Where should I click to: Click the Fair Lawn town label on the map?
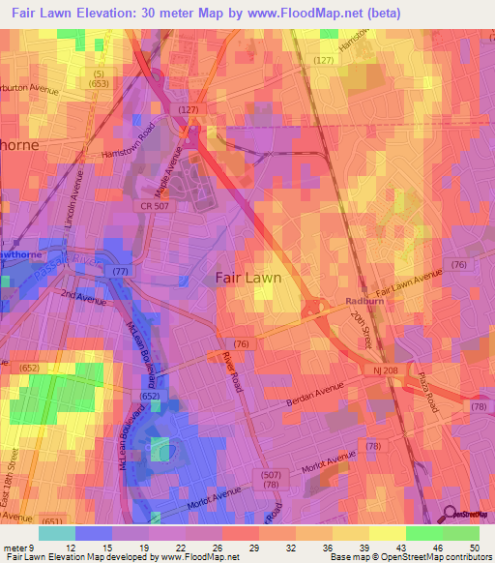click(247, 278)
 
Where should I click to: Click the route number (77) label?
click(121, 274)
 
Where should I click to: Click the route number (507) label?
click(271, 473)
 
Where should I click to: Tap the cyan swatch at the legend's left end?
click(56, 533)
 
